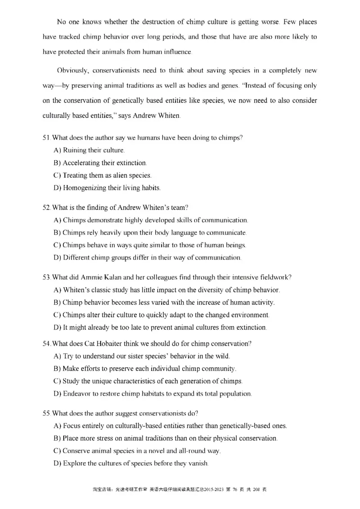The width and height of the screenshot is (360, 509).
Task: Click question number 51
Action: tap(46, 138)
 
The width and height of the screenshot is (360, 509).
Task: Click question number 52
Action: tap(46, 208)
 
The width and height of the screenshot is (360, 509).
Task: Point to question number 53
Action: tap(46, 277)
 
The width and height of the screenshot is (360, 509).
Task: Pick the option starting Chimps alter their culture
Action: tap(161, 315)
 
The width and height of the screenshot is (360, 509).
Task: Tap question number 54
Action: tap(46, 344)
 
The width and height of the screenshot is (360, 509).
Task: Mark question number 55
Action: tap(46, 413)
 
